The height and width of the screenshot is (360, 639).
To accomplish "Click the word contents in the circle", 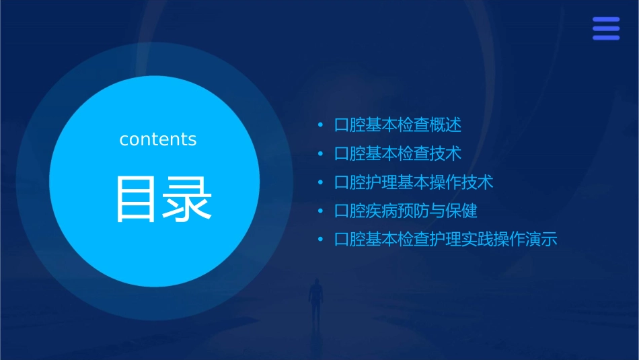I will (158, 139).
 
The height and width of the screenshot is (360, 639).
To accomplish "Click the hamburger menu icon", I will (606, 29).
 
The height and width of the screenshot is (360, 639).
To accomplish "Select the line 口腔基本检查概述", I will (398, 125).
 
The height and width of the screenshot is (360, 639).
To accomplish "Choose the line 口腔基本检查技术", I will (398, 153).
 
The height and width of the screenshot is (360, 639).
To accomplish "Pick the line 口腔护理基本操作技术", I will (414, 182).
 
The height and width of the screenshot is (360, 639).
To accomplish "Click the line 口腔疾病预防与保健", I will (406, 211).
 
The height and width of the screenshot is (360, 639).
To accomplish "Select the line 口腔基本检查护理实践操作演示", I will (446, 240).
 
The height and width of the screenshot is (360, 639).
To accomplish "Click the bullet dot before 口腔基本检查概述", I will (321, 125).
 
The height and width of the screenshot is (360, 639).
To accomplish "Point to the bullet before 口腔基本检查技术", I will (321, 153).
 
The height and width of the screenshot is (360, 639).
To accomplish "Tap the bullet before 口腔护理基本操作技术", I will (321, 182).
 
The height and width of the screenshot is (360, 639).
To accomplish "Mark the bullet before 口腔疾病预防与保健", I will (321, 211).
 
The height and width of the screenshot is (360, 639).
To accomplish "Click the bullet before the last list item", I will (321, 240).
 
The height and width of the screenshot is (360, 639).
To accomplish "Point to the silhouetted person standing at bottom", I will (315, 299).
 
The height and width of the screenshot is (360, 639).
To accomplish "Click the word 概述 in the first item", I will (445, 125).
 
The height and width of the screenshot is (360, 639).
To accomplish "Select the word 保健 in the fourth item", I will (461, 211).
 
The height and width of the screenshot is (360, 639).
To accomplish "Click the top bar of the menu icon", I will (606, 20).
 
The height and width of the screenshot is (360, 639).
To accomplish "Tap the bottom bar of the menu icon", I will (606, 38).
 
